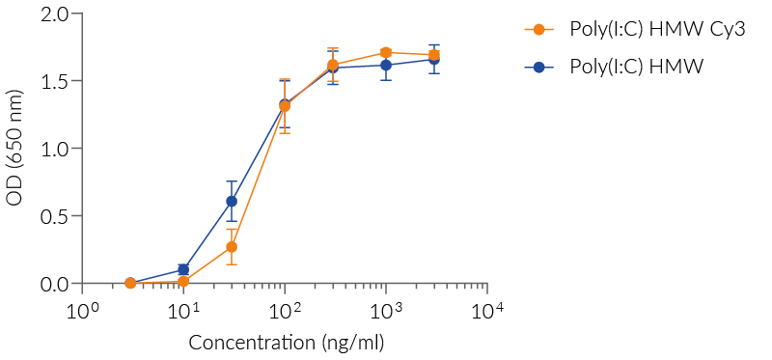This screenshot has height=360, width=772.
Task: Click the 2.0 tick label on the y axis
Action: coord(55,14)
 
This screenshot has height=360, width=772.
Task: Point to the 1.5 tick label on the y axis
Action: coord(55,81)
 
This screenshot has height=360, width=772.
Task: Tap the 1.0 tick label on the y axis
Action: coord(55,149)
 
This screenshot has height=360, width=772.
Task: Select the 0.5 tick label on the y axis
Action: coord(55,216)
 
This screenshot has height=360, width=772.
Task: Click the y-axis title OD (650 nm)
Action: coord(14,149)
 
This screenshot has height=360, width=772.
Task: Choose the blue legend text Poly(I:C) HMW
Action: coord(636,67)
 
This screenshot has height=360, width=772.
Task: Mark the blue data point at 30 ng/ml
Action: coord(232,201)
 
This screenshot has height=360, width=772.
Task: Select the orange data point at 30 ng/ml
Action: coord(232,247)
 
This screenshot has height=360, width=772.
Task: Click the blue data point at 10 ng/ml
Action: coord(183,270)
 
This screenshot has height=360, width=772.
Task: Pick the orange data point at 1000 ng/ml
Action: coord(386,52)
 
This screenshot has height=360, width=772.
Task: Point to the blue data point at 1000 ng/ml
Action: coord(386,66)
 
